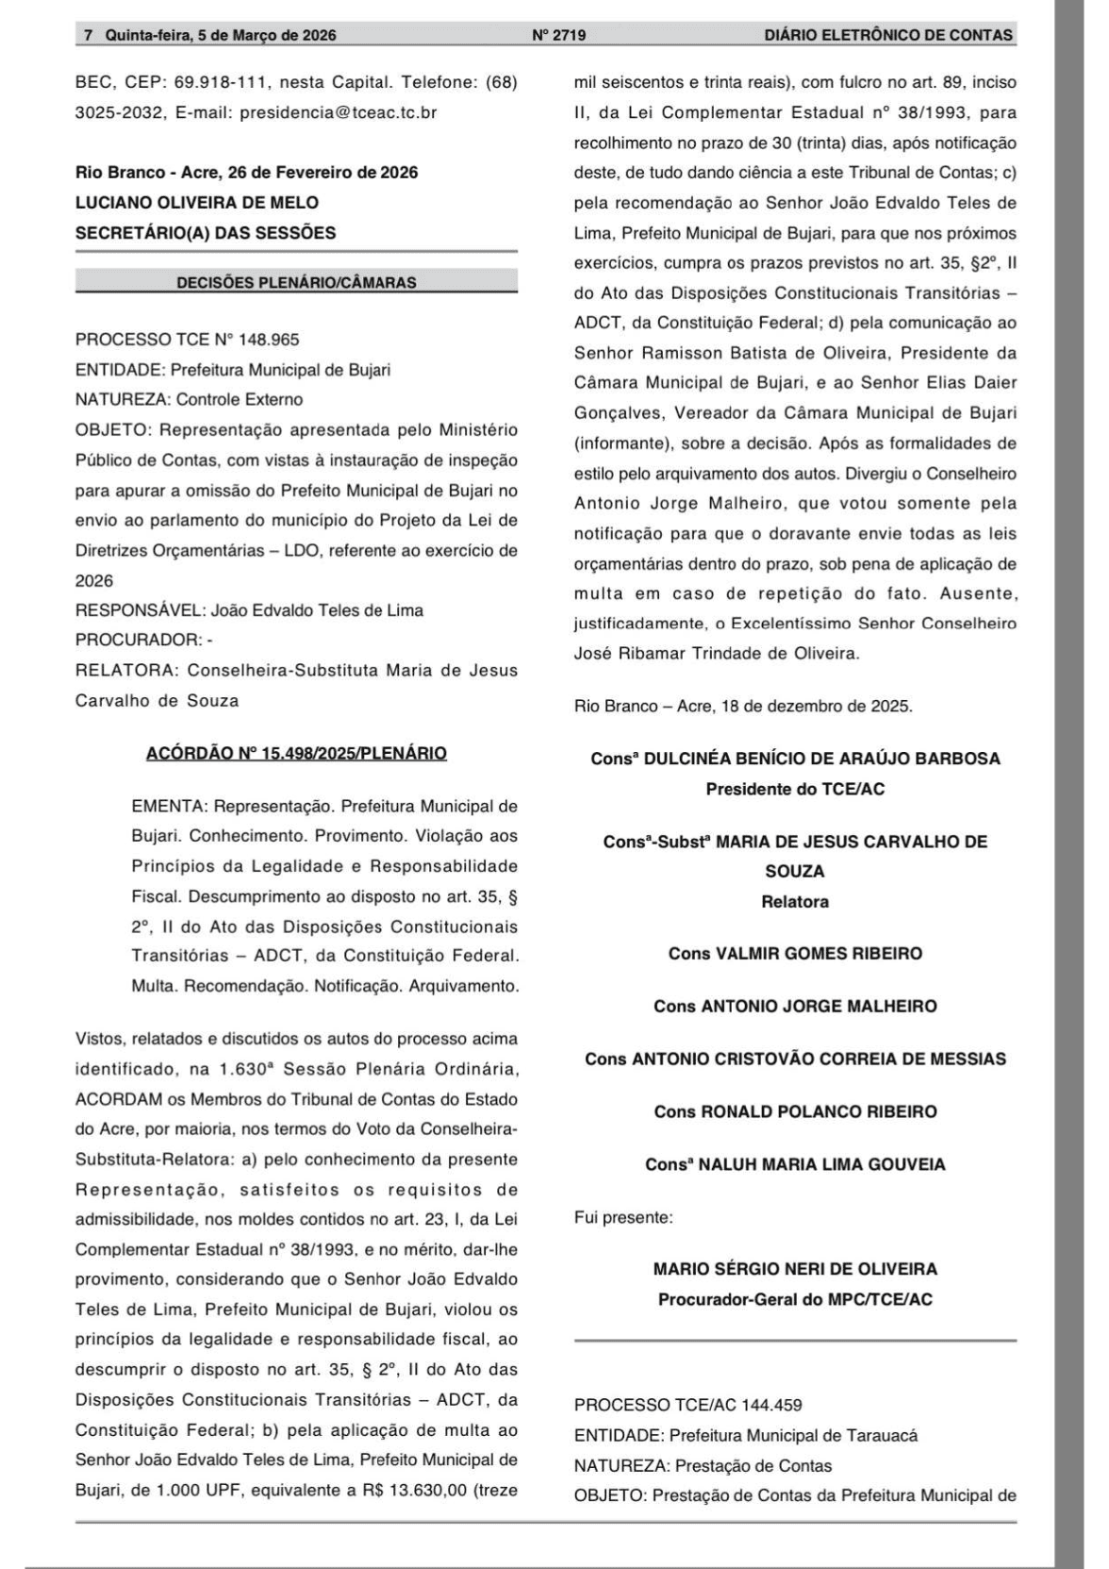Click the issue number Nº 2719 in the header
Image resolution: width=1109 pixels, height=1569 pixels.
click(559, 36)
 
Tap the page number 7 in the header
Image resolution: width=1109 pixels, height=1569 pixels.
click(89, 36)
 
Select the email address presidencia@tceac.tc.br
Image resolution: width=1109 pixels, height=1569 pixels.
click(338, 112)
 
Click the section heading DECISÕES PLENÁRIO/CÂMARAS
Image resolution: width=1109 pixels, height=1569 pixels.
click(296, 282)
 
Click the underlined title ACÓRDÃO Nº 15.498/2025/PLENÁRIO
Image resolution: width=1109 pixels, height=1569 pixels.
click(296, 753)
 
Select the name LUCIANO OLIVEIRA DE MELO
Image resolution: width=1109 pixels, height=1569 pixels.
click(197, 202)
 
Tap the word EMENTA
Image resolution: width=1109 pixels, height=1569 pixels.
click(168, 807)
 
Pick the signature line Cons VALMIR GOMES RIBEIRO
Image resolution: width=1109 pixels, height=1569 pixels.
click(795, 953)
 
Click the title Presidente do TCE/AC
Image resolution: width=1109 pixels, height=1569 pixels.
click(795, 789)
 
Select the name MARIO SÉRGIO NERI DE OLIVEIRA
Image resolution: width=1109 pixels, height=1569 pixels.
click(795, 1269)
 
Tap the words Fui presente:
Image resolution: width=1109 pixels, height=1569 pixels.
click(623, 1217)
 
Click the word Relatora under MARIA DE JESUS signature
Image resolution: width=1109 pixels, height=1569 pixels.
click(795, 901)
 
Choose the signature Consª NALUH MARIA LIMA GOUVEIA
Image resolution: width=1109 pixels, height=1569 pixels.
click(795, 1164)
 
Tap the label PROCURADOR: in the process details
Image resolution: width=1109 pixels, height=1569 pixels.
click(139, 640)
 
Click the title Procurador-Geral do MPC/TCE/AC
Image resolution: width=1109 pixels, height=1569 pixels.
click(795, 1299)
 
